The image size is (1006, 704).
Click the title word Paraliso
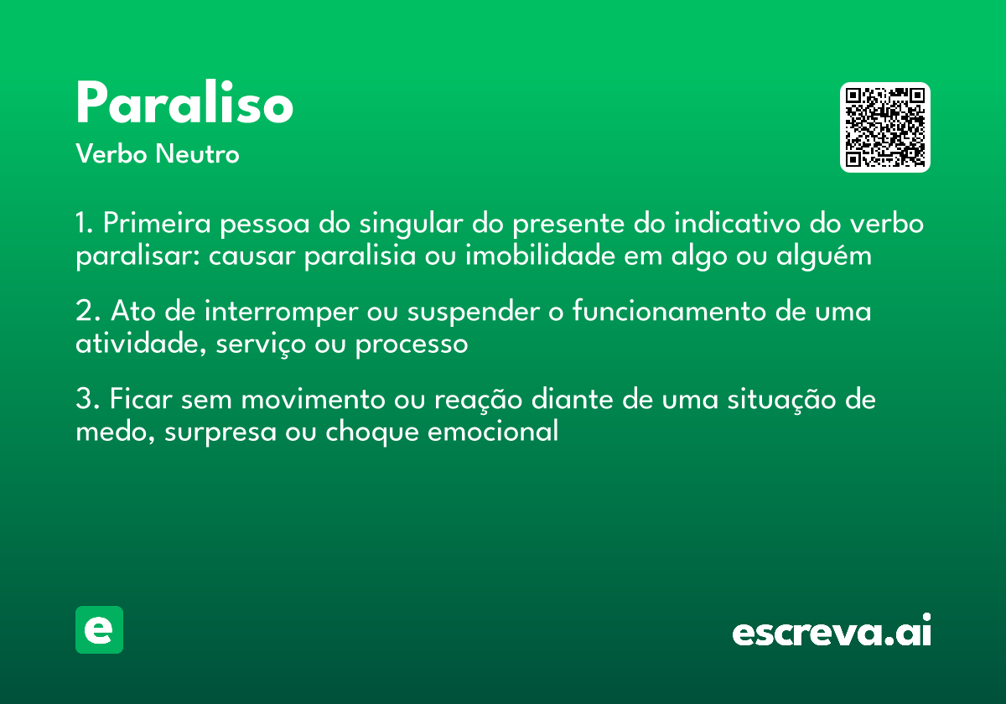click(184, 105)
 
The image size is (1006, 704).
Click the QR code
click(885, 127)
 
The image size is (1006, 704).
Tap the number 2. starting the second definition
click(88, 312)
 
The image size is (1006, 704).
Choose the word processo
click(412, 344)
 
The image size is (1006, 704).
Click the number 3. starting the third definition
click(88, 400)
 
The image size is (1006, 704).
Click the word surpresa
click(214, 432)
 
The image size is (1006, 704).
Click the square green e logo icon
click(99, 629)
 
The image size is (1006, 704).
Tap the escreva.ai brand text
click(832, 631)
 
